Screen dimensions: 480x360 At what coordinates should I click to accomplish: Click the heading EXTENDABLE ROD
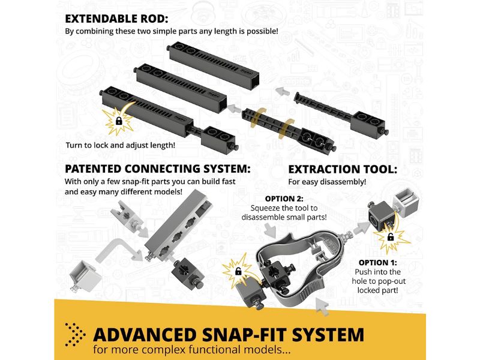click(116, 19)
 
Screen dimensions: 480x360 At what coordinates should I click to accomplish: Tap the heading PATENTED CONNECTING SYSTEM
click(158, 169)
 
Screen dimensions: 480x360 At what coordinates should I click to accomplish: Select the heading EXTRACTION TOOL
click(343, 169)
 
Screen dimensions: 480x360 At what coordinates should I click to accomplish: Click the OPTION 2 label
click(284, 199)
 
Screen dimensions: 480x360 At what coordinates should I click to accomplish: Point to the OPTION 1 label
click(378, 263)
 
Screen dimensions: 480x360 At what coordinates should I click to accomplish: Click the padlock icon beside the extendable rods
click(119, 121)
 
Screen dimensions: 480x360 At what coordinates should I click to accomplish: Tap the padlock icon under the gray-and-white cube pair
click(391, 236)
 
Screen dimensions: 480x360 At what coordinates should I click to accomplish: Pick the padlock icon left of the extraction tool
click(238, 271)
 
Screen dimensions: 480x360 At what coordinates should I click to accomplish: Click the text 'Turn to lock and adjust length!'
click(121, 145)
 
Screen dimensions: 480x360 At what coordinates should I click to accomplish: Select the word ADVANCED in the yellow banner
click(145, 335)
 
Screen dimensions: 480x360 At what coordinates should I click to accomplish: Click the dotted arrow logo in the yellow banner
click(74, 334)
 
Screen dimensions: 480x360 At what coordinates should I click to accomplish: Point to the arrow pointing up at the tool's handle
click(322, 306)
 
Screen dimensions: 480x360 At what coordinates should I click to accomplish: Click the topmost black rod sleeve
click(214, 65)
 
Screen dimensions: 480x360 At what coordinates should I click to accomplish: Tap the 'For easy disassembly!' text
click(327, 182)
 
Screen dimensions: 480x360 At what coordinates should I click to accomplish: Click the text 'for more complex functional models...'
click(192, 350)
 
